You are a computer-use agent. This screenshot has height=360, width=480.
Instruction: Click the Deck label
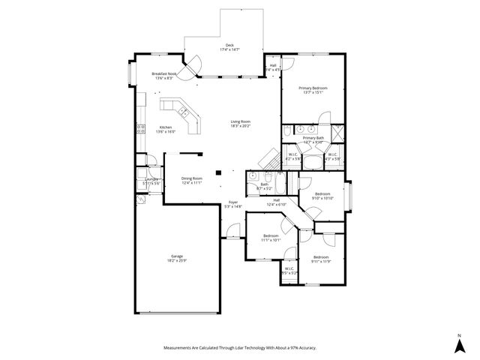pyautogui.click(x=230, y=45)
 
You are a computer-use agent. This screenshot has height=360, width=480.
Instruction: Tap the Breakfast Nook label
pyautogui.click(x=164, y=74)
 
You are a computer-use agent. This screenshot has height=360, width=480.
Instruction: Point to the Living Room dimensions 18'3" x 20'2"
pyautogui.click(x=240, y=127)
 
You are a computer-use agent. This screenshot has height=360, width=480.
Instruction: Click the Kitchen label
pyautogui.click(x=166, y=127)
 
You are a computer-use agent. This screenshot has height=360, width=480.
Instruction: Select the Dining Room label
pyautogui.click(x=192, y=178)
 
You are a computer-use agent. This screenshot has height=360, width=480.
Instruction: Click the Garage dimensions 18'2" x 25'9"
pyautogui.click(x=177, y=260)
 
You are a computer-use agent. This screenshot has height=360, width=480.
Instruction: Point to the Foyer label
pyautogui.click(x=233, y=202)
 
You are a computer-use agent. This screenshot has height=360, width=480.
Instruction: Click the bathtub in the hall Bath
pyautogui.click(x=282, y=183)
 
